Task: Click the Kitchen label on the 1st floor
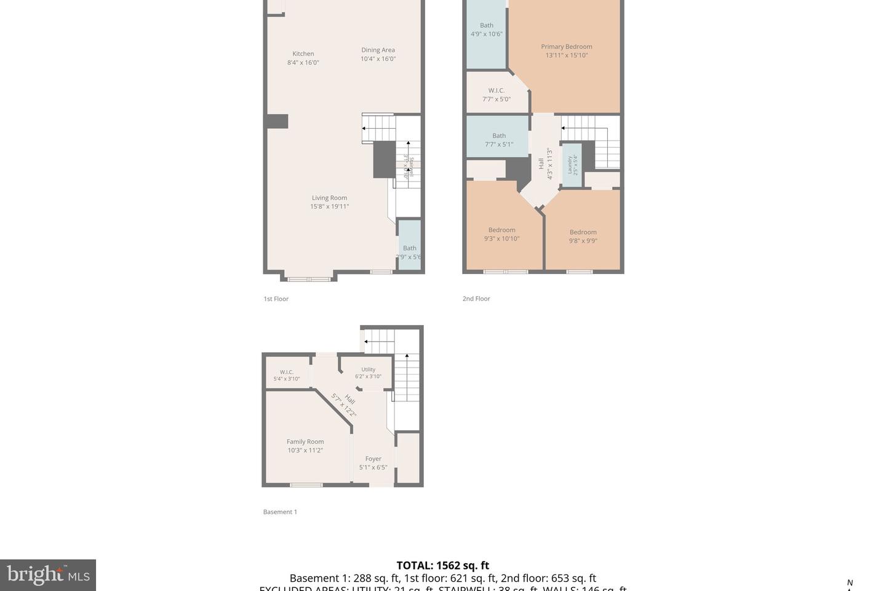tap(303, 54)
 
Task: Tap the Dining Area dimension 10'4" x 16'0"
tap(378, 59)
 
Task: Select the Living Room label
tap(329, 198)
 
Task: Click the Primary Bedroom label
tap(566, 47)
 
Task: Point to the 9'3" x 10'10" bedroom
tap(501, 235)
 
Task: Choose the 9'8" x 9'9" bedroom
tap(583, 236)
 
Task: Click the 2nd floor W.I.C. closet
tap(496, 94)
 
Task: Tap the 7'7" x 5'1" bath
tap(498, 140)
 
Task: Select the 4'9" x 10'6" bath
tap(486, 30)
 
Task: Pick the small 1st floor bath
tap(409, 252)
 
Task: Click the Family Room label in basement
tap(305, 442)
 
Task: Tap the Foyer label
tap(373, 459)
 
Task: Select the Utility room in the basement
tap(368, 373)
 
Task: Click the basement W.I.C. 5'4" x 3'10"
tap(287, 375)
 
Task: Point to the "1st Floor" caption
tap(276, 299)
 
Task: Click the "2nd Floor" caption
tap(476, 299)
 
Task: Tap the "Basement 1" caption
tap(280, 512)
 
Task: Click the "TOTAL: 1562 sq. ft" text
tap(442, 565)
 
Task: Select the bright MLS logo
tap(48, 575)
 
